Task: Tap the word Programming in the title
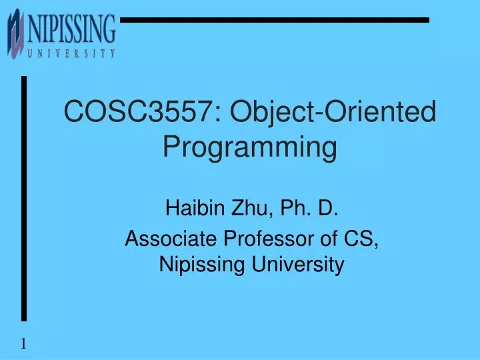[250, 147]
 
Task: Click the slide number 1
[23, 344]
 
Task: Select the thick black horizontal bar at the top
[273, 20]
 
